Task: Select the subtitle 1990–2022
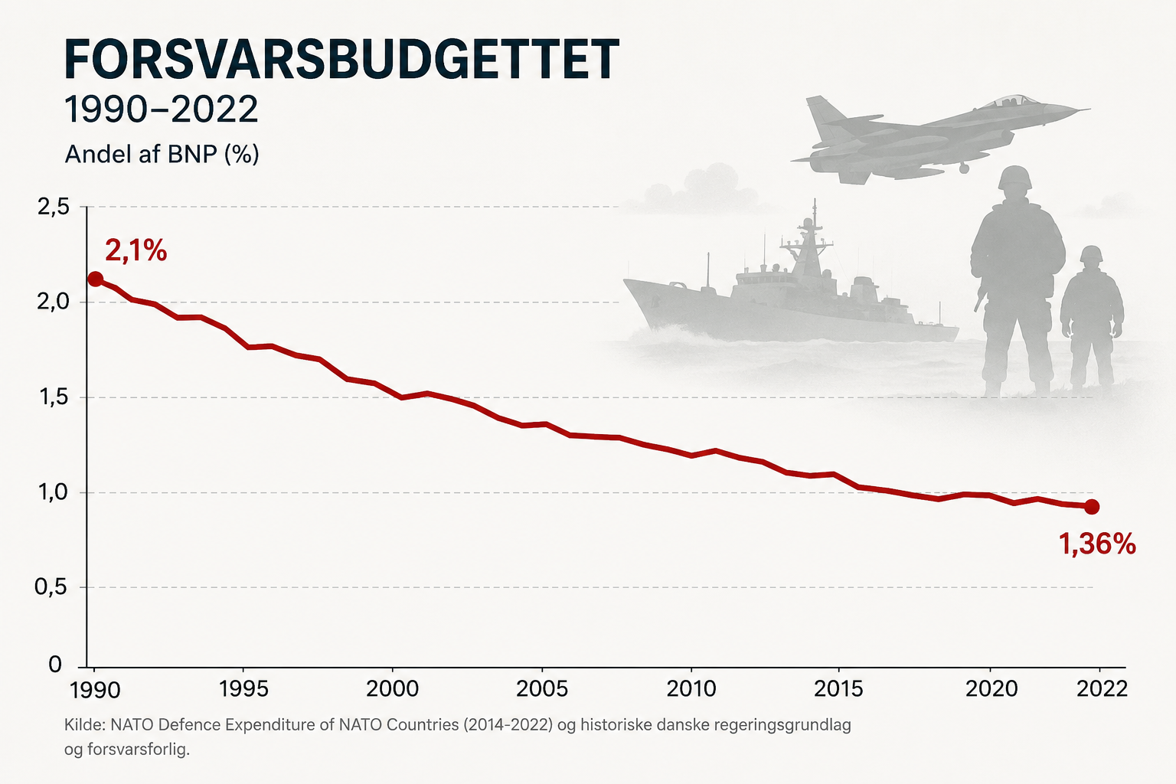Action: click(x=162, y=109)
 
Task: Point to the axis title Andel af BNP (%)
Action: click(x=162, y=155)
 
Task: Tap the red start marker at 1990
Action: click(x=95, y=279)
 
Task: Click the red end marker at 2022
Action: click(x=1092, y=507)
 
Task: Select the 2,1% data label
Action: click(x=136, y=250)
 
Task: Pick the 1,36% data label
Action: click(x=1096, y=544)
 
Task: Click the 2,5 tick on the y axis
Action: click(x=53, y=207)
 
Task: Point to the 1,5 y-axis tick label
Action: click(x=53, y=397)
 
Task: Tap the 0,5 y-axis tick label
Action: click(x=51, y=587)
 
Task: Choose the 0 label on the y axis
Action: click(x=55, y=665)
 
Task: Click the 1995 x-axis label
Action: click(x=243, y=689)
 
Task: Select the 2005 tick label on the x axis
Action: click(x=542, y=689)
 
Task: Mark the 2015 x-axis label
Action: click(x=838, y=689)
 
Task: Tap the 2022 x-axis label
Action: click(x=1102, y=689)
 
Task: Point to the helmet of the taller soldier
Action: click(x=1014, y=178)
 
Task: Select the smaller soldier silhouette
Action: click(x=1092, y=318)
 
